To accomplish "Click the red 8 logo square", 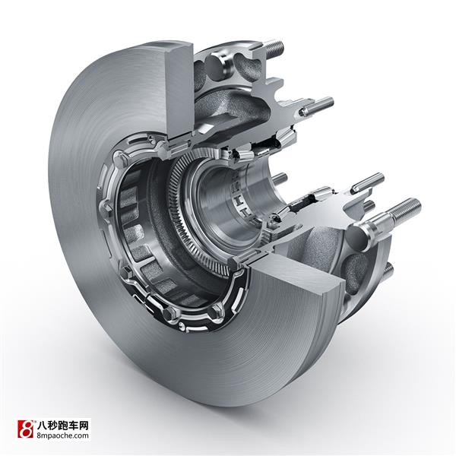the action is coord(26,429).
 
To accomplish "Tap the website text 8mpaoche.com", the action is coord(62,435).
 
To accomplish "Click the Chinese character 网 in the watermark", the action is coord(83,426).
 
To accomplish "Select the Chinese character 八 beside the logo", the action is coord(42,426).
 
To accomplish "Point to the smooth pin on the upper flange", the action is coord(317,106).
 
